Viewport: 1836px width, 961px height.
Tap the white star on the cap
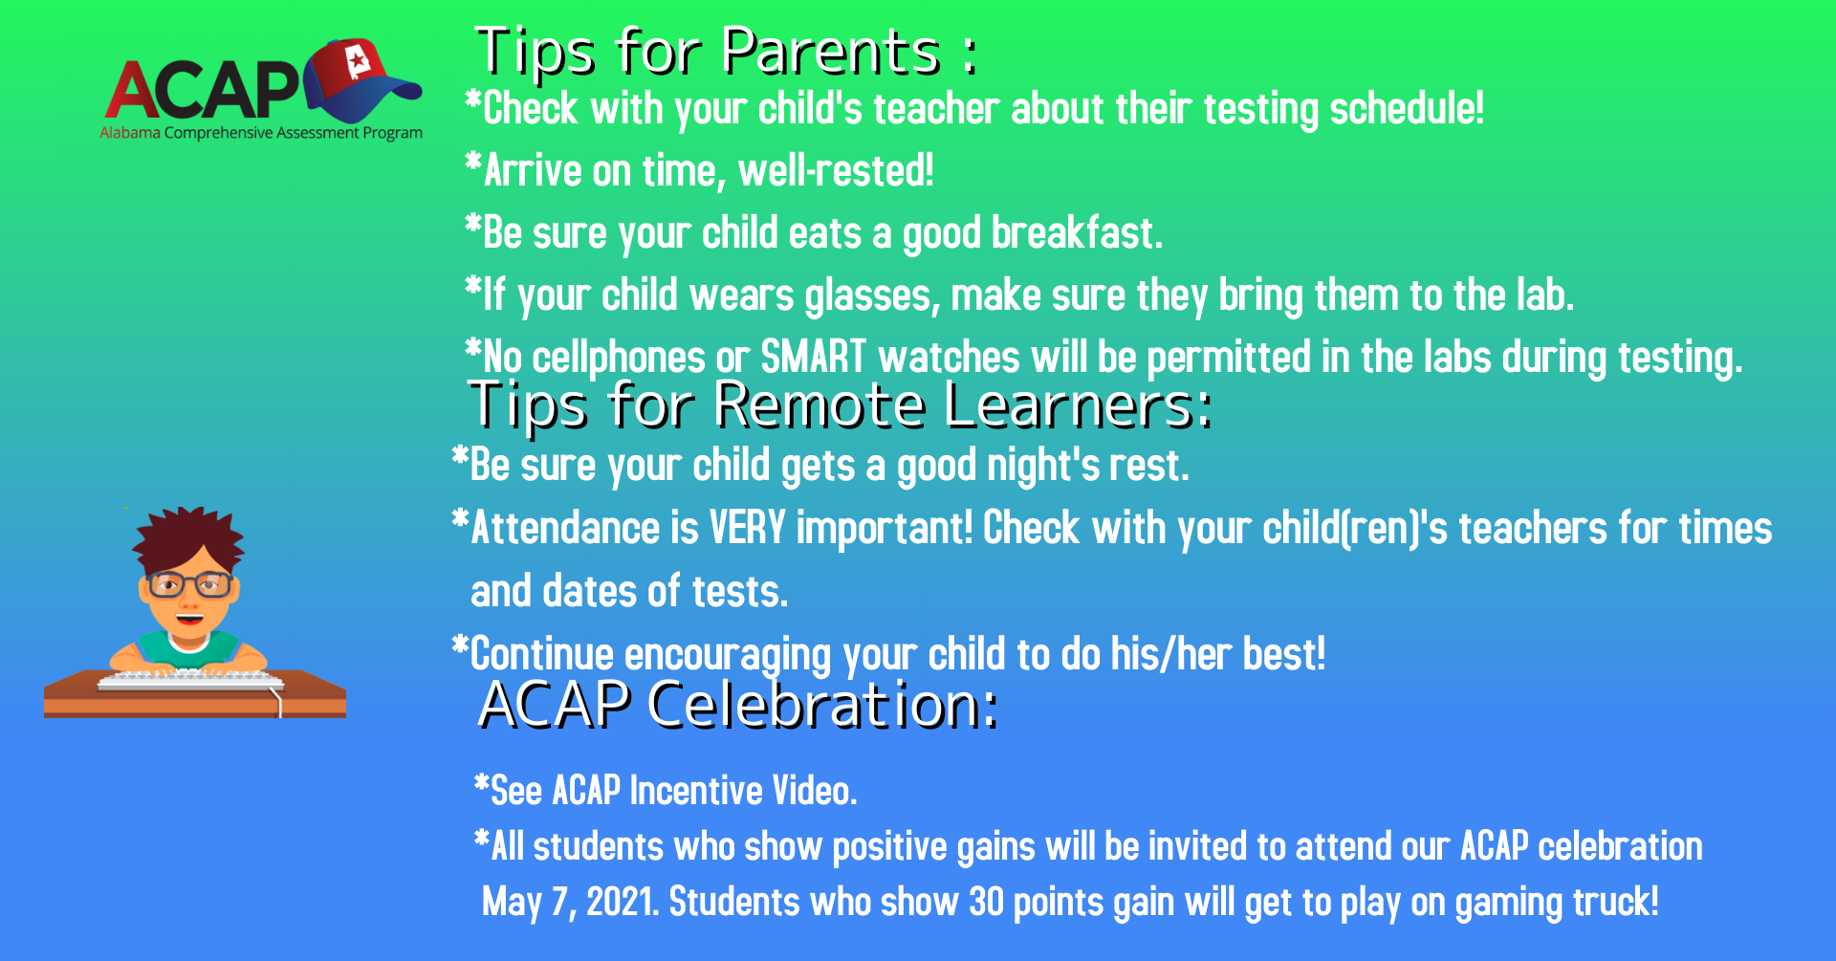[358, 61]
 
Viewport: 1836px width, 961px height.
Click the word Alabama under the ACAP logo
[130, 133]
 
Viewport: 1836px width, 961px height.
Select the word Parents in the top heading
[831, 52]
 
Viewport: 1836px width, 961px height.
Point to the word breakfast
[1077, 233]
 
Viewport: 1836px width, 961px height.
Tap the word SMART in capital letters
[813, 358]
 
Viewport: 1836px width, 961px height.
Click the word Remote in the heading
[820, 405]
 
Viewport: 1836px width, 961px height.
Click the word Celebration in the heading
[822, 706]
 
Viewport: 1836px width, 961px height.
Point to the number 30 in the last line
[986, 902]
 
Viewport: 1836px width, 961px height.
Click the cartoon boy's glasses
[189, 583]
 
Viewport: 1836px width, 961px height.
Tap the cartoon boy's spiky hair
[188, 540]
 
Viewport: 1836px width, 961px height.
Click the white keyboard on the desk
[191, 680]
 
